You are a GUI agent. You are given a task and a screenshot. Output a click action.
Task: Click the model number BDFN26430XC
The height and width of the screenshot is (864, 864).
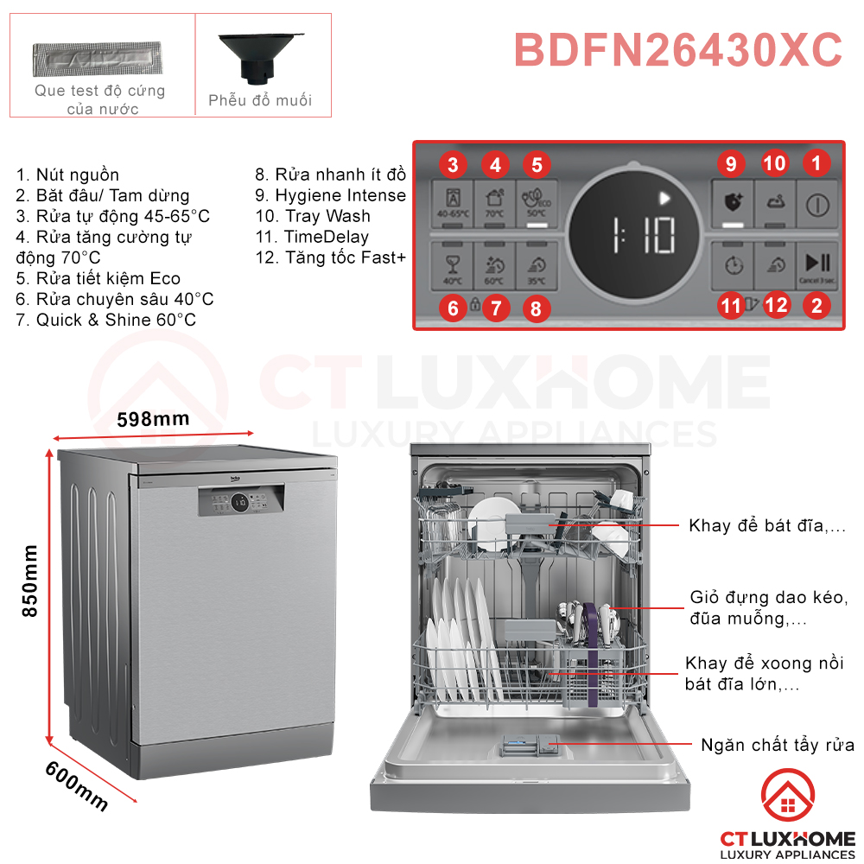tap(678, 50)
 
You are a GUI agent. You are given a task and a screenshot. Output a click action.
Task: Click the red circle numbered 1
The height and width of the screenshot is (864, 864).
tap(816, 162)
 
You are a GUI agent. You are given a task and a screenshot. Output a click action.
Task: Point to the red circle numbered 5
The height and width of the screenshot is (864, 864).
tap(536, 163)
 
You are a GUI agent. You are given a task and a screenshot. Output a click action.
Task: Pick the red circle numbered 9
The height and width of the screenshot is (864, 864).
tap(731, 163)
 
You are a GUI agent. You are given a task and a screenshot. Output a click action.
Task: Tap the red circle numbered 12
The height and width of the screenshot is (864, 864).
tap(777, 304)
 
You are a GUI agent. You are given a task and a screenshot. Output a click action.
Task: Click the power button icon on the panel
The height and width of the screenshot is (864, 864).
tap(816, 205)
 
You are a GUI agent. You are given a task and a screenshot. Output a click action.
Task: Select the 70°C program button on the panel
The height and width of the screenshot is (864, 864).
tap(494, 205)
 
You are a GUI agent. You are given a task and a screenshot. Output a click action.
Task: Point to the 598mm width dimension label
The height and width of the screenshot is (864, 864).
tap(153, 419)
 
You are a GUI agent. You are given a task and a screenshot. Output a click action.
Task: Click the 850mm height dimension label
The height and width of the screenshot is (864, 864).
tap(29, 580)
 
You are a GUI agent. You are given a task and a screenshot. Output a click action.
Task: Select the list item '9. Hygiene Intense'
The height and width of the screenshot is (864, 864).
tap(330, 195)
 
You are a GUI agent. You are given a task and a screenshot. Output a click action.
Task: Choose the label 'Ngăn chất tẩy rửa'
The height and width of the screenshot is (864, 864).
tap(778, 745)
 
